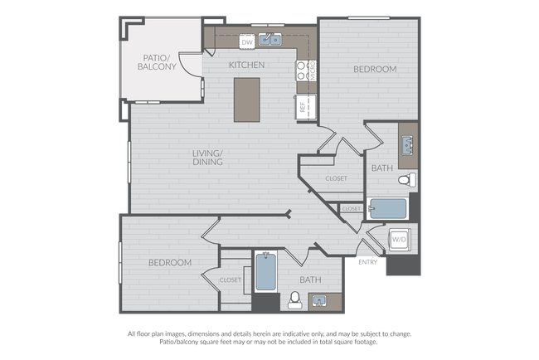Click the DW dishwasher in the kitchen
pos(247,41)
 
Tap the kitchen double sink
pos(269,40)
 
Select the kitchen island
pos(247,100)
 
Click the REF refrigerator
pos(305,107)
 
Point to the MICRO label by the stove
pos(313,71)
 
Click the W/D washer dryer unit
pos(400,240)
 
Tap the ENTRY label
pos(368,262)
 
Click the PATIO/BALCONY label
pos(157,62)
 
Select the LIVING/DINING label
pos(207,158)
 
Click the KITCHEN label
pos(247,65)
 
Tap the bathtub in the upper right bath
pos(387,209)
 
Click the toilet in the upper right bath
pos(407,180)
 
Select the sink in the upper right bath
pos(408,145)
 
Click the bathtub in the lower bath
pos(265,271)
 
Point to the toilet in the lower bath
pos(295,300)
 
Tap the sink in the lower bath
pos(320,302)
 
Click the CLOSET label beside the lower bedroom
pos(231,280)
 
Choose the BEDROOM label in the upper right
pos(375,69)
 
